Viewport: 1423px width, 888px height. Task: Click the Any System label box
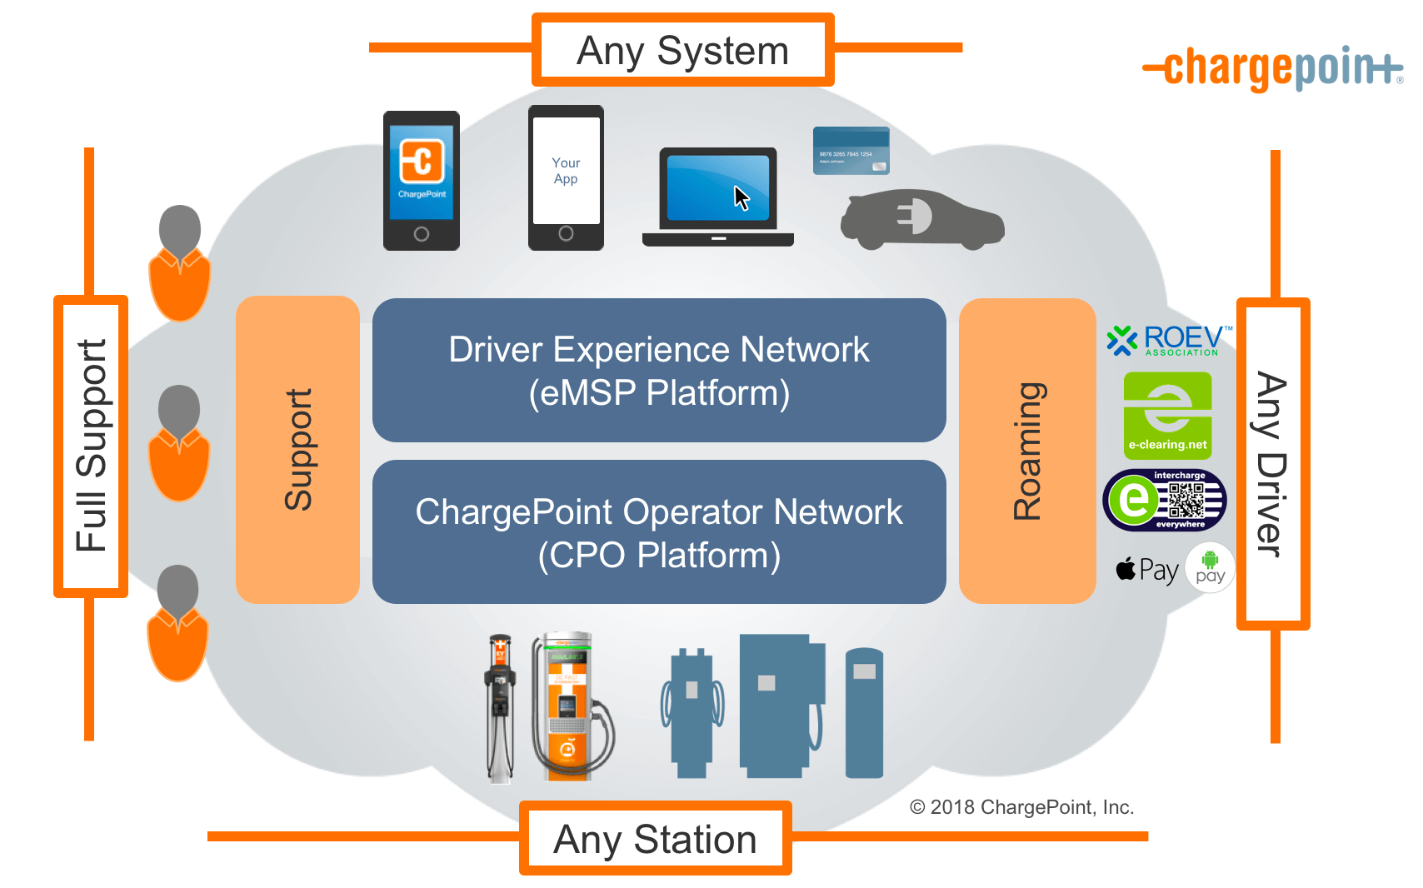click(x=682, y=50)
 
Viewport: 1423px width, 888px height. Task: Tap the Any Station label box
click(x=655, y=838)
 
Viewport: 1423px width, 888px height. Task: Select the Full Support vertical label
click(x=91, y=446)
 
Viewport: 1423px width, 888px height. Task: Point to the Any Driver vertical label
click(x=1272, y=463)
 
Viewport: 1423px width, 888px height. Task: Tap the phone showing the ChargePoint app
click(x=422, y=180)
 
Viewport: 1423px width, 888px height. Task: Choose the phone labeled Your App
click(x=566, y=177)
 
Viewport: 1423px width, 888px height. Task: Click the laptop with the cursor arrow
click(x=718, y=197)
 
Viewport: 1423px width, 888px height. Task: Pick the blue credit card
click(x=851, y=151)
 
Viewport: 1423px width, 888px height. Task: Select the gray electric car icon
click(x=922, y=220)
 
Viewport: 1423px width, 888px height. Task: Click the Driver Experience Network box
click(x=659, y=371)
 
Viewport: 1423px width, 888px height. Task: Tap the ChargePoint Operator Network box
click(x=659, y=532)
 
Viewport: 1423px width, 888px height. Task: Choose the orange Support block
click(x=297, y=450)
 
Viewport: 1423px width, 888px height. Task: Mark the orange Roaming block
click(x=1027, y=451)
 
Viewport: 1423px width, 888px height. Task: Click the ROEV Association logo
click(x=1169, y=340)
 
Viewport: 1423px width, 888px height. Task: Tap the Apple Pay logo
click(x=1147, y=570)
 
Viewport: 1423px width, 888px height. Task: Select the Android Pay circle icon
click(x=1210, y=567)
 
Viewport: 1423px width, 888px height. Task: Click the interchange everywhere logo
click(x=1165, y=500)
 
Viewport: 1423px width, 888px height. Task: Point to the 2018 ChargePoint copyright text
click(x=1021, y=806)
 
